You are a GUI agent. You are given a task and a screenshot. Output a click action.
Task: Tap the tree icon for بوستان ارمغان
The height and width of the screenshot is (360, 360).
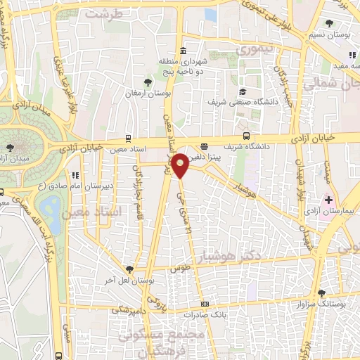click(147, 82)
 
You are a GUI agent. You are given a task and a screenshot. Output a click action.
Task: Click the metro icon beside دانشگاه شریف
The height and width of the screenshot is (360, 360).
click(245, 136)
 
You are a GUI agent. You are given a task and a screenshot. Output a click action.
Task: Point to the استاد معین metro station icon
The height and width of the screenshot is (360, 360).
click(127, 139)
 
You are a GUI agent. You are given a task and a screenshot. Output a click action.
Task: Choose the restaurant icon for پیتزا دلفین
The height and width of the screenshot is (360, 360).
click(204, 147)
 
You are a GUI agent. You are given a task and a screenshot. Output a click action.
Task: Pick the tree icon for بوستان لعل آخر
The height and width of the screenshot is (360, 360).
click(129, 269)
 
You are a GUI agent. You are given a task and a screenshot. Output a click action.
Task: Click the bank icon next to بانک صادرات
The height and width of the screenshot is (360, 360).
click(205, 304)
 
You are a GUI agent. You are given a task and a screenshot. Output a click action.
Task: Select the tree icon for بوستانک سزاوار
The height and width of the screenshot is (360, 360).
click(321, 293)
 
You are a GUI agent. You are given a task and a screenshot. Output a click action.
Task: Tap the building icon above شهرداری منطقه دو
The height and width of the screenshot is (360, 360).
click(183, 50)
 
